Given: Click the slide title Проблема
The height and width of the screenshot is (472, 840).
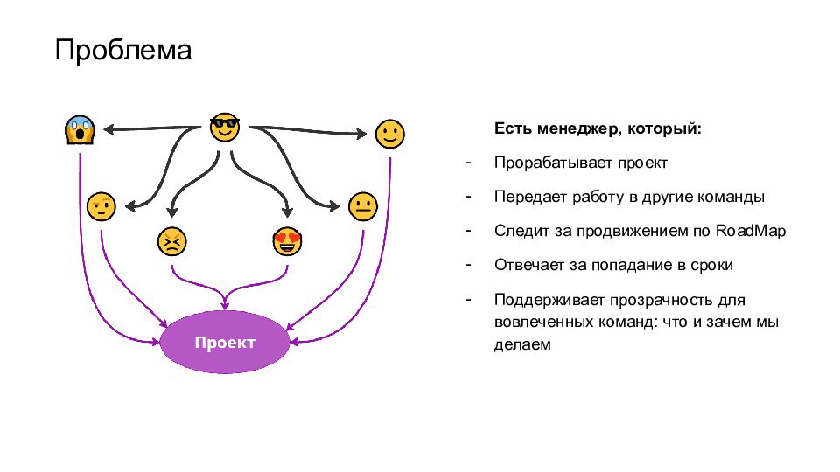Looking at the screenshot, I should [x=123, y=50].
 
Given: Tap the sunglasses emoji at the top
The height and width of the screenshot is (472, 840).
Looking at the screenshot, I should [x=225, y=128].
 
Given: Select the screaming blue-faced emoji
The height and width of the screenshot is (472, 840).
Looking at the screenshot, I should [x=80, y=131].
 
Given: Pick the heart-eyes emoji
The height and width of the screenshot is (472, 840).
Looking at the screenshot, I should [x=286, y=240].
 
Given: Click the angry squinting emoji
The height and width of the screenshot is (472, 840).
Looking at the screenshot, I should [x=171, y=241].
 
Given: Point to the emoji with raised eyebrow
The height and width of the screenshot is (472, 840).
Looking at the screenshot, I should [x=101, y=206].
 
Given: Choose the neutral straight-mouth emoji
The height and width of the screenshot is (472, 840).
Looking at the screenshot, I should [x=362, y=206].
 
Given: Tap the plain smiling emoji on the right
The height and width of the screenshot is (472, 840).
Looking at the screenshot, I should [x=389, y=134].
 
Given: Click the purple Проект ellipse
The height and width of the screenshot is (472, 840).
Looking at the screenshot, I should [x=225, y=342].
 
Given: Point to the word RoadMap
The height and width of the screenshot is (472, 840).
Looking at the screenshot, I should [x=751, y=231].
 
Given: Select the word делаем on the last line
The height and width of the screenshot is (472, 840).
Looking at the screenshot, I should [x=522, y=344].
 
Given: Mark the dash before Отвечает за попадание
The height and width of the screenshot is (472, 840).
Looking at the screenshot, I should [x=469, y=264].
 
